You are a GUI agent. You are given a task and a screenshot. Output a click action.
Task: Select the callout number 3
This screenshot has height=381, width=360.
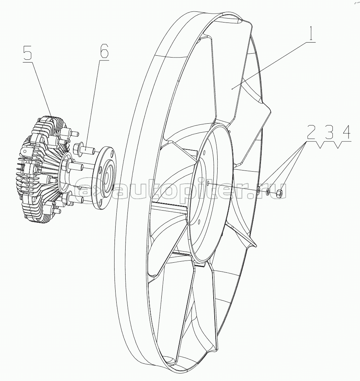click(x=329, y=133)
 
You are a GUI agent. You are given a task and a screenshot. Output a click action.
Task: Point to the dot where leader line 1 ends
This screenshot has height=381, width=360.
click(x=232, y=89)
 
